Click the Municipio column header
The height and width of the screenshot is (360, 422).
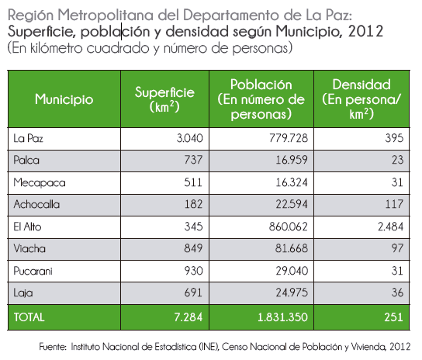click(64, 99)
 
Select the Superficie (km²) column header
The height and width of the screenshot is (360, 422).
click(164, 99)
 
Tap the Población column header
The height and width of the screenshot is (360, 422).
click(261, 99)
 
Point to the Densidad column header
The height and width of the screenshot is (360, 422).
click(361, 99)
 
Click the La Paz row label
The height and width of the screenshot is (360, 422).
click(28, 139)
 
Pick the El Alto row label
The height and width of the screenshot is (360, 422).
click(27, 227)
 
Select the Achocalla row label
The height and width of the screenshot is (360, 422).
click(36, 205)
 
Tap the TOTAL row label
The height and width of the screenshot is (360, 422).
click(29, 317)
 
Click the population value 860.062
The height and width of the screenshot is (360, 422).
click(289, 227)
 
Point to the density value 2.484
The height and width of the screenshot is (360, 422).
click(390, 227)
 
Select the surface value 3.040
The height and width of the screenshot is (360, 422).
click(190, 138)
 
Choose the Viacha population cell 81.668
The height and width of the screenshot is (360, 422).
click(292, 248)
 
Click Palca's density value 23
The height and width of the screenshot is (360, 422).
click(397, 161)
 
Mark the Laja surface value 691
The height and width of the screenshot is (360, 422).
click(193, 292)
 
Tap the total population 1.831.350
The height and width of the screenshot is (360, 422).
click(282, 317)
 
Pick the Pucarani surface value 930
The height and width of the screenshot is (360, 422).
click(193, 271)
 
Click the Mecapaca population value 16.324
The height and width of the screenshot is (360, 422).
click(292, 182)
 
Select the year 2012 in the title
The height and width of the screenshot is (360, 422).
click(365, 31)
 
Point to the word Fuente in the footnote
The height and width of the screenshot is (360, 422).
click(53, 347)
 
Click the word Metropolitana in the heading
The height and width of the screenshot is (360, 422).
click(105, 15)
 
